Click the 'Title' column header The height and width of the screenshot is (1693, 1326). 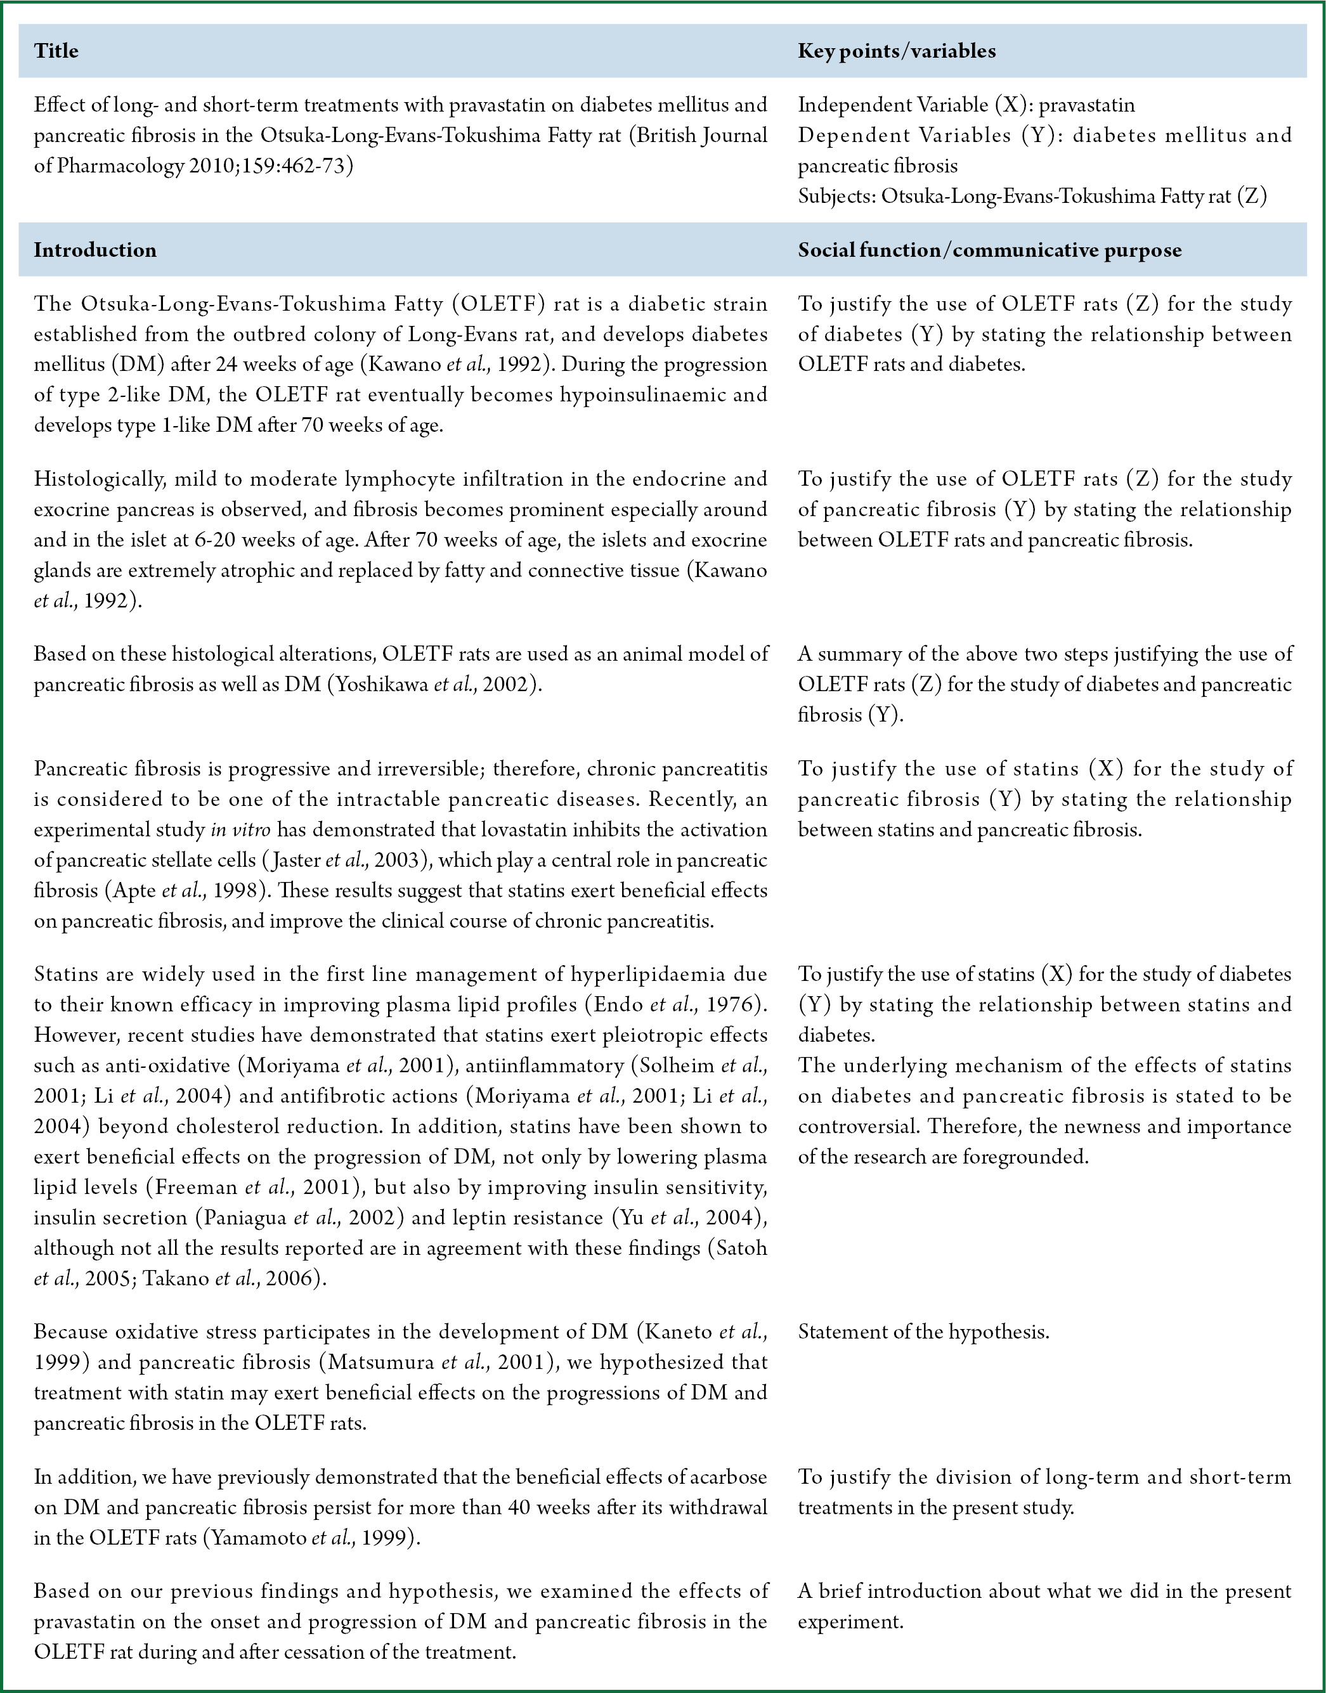(56, 51)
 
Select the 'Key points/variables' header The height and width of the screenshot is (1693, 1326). (897, 51)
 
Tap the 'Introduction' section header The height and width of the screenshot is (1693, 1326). (94, 250)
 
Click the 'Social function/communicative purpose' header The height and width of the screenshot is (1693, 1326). (990, 250)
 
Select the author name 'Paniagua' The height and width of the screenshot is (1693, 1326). (245, 1218)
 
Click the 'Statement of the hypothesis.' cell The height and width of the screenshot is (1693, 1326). (923, 1332)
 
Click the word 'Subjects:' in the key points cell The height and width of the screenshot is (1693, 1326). (836, 197)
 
